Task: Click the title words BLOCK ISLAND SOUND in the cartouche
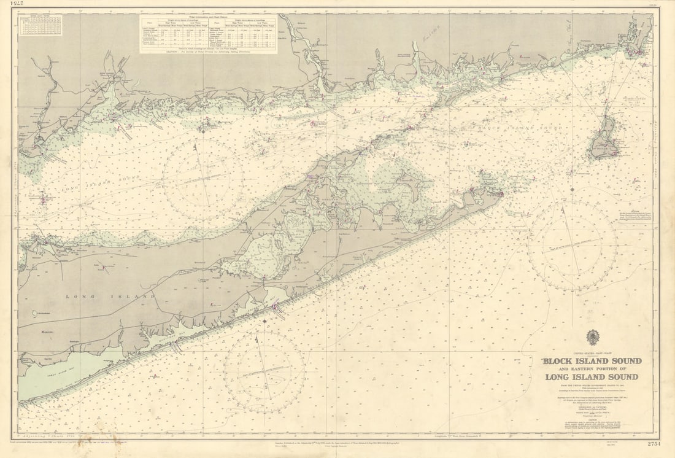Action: (x=592, y=360)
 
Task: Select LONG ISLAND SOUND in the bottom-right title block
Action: (x=592, y=377)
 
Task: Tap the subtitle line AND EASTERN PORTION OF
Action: (x=592, y=368)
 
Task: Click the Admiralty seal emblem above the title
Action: (x=592, y=337)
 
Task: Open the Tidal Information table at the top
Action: (x=208, y=34)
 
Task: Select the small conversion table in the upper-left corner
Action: (x=40, y=25)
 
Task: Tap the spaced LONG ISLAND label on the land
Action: (x=110, y=297)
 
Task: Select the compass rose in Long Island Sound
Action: (x=203, y=177)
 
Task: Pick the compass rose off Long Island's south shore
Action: (x=264, y=371)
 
